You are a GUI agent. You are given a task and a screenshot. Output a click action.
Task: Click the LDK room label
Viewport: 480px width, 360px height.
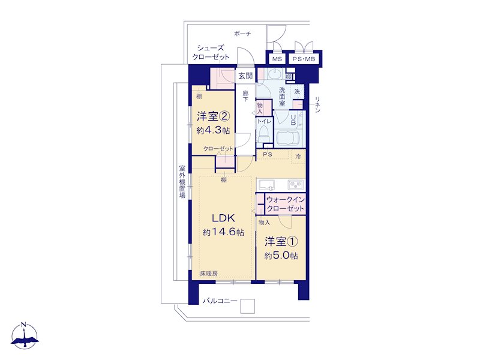[x=223, y=218]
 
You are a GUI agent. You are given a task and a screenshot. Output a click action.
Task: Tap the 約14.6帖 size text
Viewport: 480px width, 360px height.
[x=223, y=232]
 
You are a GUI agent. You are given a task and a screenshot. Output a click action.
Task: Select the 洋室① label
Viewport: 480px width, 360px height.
[x=281, y=242]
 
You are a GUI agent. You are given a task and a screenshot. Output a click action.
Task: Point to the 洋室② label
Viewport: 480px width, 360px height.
[x=213, y=116]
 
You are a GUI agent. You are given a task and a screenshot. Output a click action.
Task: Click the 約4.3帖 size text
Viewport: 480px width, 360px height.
[x=213, y=130]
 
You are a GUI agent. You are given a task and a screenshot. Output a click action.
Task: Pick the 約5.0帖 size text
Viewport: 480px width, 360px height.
[x=281, y=256]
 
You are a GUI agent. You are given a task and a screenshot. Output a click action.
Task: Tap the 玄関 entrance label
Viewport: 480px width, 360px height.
[x=245, y=76]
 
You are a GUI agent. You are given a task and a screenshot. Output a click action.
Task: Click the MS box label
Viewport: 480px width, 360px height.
[x=277, y=59]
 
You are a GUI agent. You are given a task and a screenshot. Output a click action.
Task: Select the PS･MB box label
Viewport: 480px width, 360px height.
[x=304, y=59]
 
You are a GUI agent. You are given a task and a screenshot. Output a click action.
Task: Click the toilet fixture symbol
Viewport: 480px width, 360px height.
[x=263, y=133]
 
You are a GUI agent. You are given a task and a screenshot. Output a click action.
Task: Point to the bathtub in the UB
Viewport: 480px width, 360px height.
[x=289, y=139]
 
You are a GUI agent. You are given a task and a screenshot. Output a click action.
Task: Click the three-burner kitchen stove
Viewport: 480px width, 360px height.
[x=295, y=185]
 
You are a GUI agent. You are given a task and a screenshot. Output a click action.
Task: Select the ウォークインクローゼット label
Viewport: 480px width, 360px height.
[x=286, y=204]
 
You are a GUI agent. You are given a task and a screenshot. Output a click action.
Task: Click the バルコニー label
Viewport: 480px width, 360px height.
[x=220, y=301]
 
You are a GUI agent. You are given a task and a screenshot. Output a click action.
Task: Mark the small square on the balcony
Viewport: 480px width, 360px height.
[x=247, y=306]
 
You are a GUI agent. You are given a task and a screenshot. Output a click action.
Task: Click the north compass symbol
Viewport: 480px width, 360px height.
[x=25, y=336]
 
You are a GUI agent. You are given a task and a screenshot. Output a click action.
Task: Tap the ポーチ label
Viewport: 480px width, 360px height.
[x=242, y=34]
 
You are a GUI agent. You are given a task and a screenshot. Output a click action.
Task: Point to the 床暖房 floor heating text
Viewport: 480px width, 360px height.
[x=209, y=274]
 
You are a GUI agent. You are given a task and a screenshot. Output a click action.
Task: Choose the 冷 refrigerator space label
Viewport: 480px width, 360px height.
[x=298, y=157]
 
